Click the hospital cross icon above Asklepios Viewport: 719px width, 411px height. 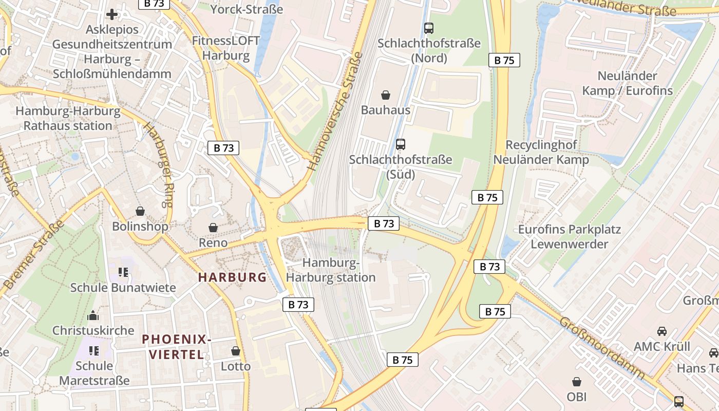(111, 14)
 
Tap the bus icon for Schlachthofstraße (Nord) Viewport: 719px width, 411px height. (428, 28)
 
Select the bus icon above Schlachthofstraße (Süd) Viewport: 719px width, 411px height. (401, 144)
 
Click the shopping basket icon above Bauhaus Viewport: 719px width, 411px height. (386, 95)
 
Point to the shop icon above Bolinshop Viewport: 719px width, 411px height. (140, 211)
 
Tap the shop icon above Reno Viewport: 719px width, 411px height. (213, 227)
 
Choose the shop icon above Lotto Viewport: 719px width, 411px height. (236, 351)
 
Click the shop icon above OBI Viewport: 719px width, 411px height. (577, 382)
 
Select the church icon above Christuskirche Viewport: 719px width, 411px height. (93, 315)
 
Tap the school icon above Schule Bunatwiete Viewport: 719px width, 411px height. (123, 272)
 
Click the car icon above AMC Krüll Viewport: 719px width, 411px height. (662, 331)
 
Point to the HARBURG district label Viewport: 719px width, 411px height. (233, 277)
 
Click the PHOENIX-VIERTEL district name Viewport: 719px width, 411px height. (177, 347)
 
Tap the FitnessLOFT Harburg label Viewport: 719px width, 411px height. (226, 48)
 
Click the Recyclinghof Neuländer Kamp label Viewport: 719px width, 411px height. (541, 152)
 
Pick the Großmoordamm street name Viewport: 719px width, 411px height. (601, 348)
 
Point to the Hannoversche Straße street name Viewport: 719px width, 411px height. (335, 111)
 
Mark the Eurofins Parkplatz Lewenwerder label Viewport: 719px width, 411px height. (569, 236)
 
